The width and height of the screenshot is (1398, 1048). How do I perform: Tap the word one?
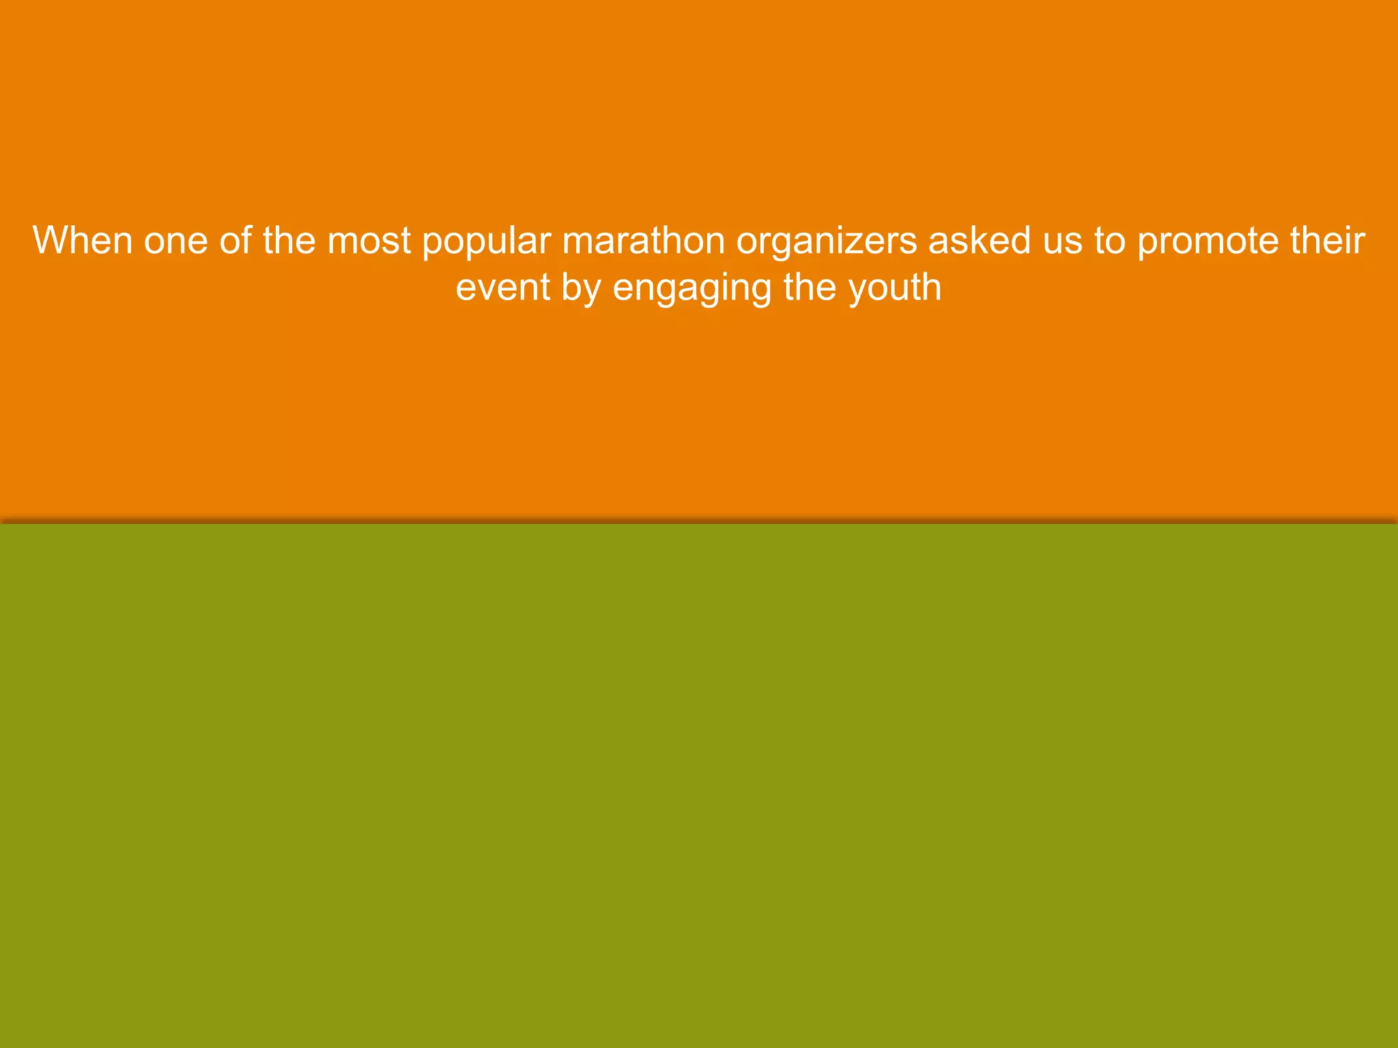tap(175, 241)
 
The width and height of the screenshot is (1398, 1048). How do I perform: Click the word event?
tap(503, 287)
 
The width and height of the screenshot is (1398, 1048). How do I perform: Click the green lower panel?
tap(699, 785)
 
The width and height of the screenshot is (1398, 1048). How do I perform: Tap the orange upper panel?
tap(699, 409)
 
